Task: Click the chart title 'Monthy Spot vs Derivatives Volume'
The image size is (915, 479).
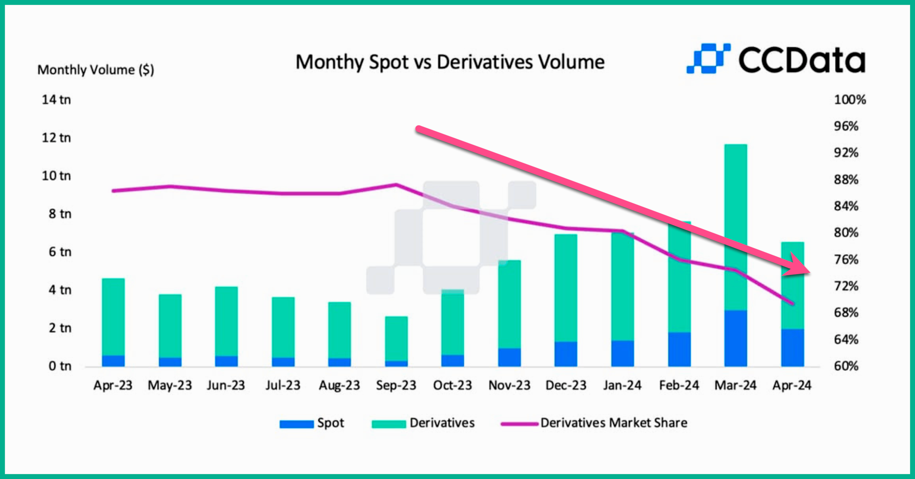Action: coord(450,62)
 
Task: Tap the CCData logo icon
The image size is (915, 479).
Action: coord(708,58)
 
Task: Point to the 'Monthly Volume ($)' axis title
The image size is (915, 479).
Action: coord(95,70)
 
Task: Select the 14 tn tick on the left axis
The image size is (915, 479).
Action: coord(56,99)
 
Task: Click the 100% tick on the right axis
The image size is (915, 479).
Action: coord(849,99)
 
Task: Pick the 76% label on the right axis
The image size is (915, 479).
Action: coord(846,260)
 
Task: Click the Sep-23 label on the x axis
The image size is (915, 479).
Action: coord(396,385)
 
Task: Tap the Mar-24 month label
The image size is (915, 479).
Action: coord(735,385)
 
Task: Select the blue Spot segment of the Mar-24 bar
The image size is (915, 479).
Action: coord(735,338)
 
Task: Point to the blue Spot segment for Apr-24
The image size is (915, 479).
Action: coord(792,347)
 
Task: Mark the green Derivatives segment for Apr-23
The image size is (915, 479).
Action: coord(113,316)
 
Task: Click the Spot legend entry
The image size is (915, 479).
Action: coord(312,423)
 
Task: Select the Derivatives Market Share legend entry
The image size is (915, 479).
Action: coord(594,423)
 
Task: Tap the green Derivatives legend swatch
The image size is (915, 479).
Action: coord(388,424)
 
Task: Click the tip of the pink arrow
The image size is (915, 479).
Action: coord(809,272)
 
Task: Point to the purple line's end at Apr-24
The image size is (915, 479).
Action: coord(793,304)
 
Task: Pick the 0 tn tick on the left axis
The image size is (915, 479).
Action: coord(60,366)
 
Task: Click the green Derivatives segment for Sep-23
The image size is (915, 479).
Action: coord(396,338)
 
